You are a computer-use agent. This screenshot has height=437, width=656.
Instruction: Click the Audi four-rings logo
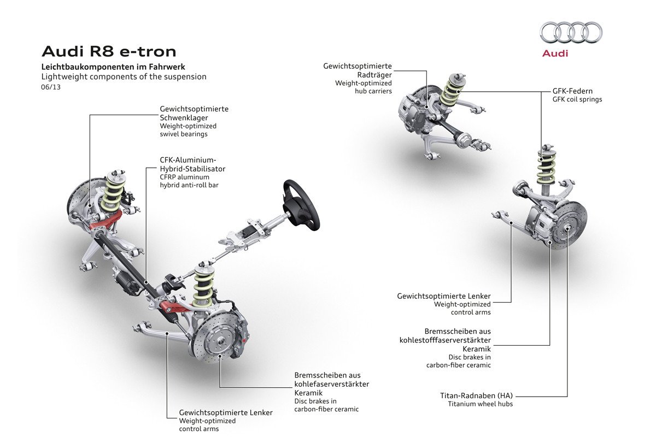(x=571, y=33)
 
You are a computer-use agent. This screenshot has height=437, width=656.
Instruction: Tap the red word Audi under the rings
(x=555, y=54)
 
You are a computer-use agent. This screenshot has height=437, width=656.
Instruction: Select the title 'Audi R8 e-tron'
(x=109, y=52)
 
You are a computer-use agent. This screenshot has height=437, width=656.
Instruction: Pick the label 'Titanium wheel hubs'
(x=481, y=404)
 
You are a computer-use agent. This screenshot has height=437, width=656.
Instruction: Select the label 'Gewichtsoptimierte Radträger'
(x=358, y=70)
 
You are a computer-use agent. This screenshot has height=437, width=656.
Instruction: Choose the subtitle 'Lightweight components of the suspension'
(x=124, y=76)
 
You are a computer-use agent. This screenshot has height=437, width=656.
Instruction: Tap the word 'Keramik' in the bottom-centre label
(x=308, y=393)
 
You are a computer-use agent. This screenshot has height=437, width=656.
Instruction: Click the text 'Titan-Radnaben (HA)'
(x=477, y=395)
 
